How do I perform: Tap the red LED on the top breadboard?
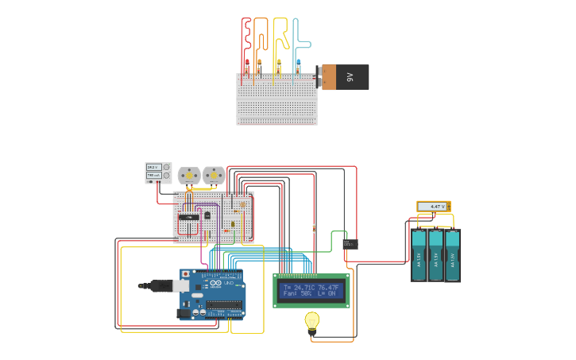click(x=247, y=63)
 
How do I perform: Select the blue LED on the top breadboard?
click(x=298, y=63)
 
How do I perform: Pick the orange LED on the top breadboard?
click(x=257, y=63)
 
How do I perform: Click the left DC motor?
click(x=189, y=175)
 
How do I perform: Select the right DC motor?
click(x=213, y=175)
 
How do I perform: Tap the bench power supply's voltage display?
click(x=153, y=167)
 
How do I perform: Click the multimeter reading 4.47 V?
click(x=434, y=207)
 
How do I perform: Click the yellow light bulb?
click(x=312, y=320)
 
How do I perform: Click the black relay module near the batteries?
click(x=350, y=244)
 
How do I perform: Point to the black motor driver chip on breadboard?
click(x=188, y=216)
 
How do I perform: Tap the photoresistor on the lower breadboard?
click(x=242, y=204)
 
